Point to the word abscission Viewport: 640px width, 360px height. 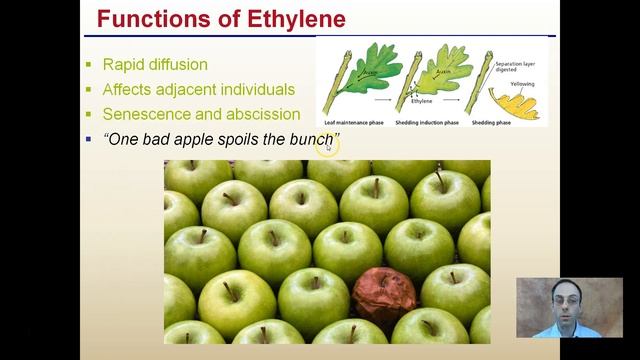[x=263, y=114]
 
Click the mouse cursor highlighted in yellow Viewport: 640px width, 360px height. [x=327, y=145]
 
